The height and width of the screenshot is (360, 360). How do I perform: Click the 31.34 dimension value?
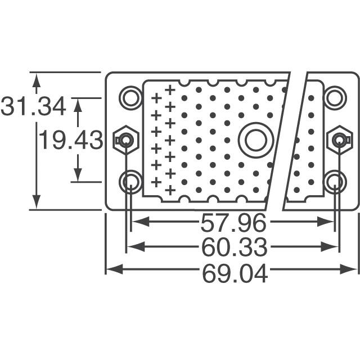click(34, 106)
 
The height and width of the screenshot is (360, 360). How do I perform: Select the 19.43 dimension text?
click(70, 139)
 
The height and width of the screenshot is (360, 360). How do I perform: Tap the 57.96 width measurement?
click(233, 223)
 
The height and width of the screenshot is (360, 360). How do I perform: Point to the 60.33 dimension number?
click(233, 246)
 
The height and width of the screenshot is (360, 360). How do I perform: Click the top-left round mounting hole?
click(131, 97)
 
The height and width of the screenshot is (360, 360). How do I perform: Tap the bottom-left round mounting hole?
click(131, 181)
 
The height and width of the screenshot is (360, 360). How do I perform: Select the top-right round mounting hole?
click(335, 97)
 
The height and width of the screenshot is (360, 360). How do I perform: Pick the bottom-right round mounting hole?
click(335, 181)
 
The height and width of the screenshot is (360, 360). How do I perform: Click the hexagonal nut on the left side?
click(125, 139)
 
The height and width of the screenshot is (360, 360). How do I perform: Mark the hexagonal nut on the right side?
click(340, 139)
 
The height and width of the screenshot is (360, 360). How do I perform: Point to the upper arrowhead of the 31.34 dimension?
click(37, 79)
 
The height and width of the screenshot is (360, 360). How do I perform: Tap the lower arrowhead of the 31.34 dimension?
click(37, 203)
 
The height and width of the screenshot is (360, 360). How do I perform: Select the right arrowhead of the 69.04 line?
click(353, 270)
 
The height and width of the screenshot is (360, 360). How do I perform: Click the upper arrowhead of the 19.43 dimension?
click(78, 103)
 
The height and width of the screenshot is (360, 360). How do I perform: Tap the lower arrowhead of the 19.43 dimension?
click(78, 175)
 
